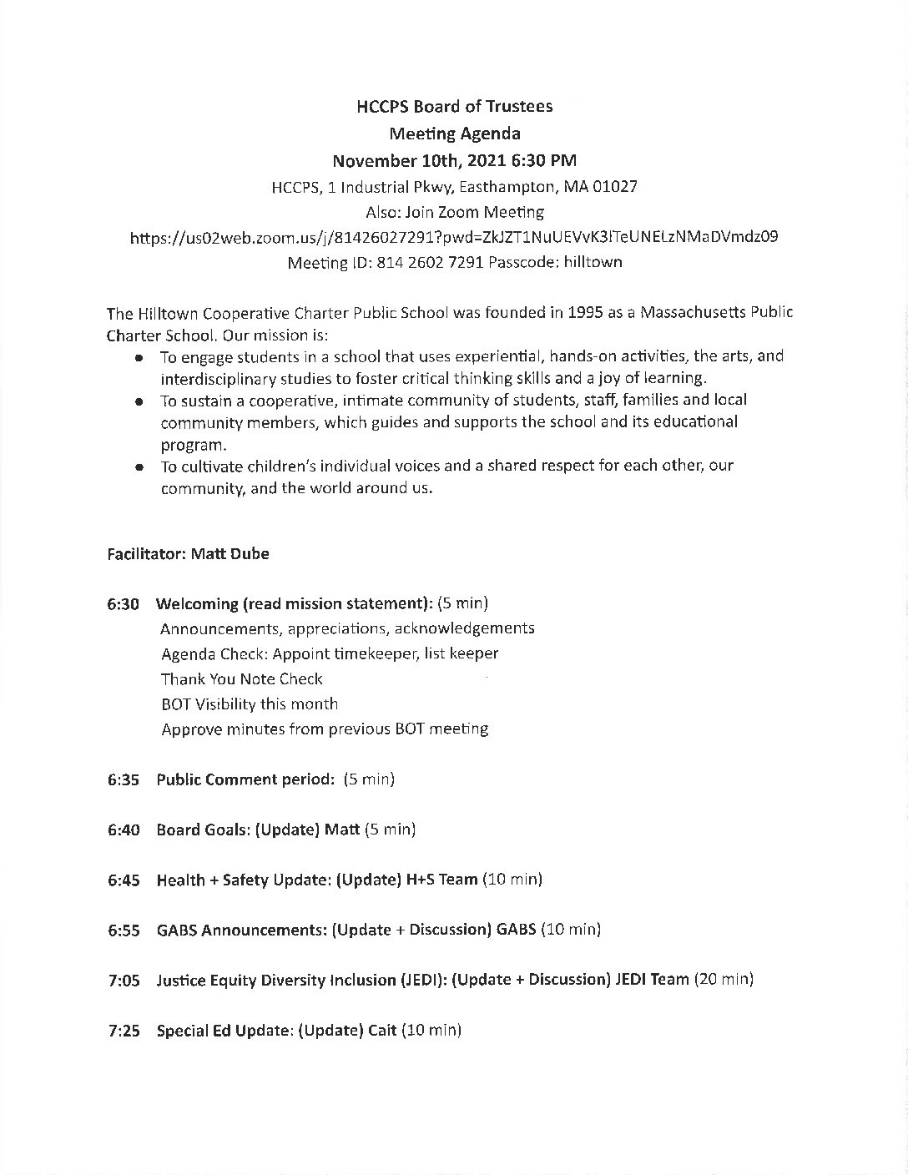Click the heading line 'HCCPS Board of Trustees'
click(454, 106)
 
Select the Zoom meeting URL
click(454, 237)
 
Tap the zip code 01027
click(615, 186)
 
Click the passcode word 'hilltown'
click(593, 262)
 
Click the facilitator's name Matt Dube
click(230, 553)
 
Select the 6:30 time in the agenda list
click(124, 603)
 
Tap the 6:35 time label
click(124, 779)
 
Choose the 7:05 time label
click(124, 981)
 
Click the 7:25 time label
click(124, 1031)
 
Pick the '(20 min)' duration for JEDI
click(724, 980)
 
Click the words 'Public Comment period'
click(245, 779)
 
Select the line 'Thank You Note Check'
click(241, 678)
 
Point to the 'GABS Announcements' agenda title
click(240, 930)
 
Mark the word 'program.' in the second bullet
click(194, 445)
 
